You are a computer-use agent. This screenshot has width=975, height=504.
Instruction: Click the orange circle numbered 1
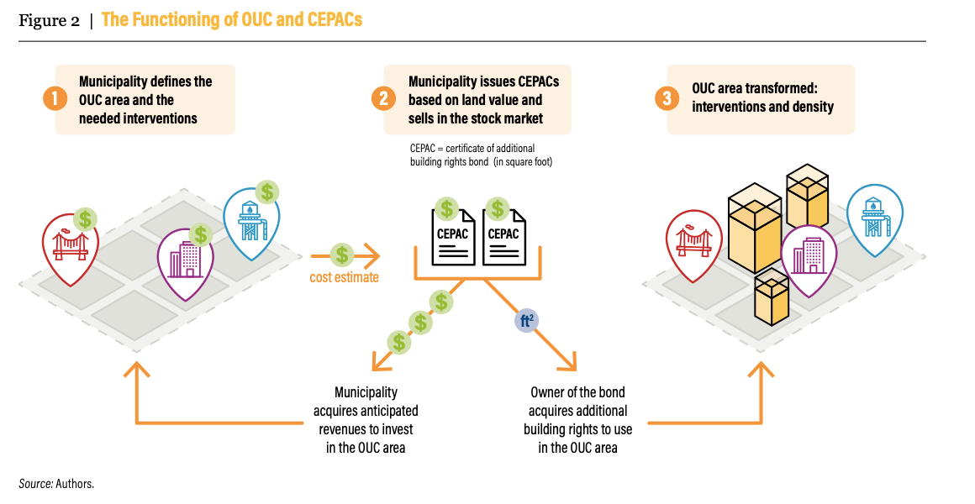(x=55, y=99)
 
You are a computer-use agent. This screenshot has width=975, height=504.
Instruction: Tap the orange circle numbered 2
(x=383, y=99)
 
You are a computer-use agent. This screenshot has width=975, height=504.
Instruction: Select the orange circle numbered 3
(x=667, y=99)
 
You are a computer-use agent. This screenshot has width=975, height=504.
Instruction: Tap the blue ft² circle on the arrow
(x=527, y=320)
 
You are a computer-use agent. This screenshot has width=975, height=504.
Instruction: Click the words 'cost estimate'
(x=344, y=277)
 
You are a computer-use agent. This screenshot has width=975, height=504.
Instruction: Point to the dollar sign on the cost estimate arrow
(x=341, y=254)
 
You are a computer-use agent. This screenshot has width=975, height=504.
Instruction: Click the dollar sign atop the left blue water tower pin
(x=267, y=192)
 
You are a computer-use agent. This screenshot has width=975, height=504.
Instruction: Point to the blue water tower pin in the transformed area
(x=874, y=217)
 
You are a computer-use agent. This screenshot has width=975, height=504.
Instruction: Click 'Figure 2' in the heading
(x=49, y=21)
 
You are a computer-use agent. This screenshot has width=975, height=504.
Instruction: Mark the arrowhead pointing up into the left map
(x=136, y=370)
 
